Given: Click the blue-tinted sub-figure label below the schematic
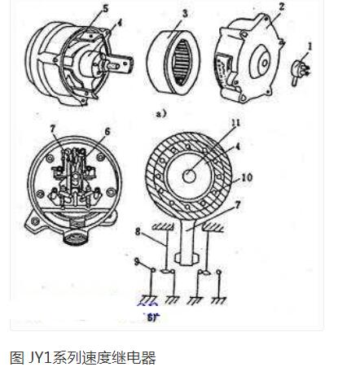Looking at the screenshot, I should [x=150, y=315].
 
